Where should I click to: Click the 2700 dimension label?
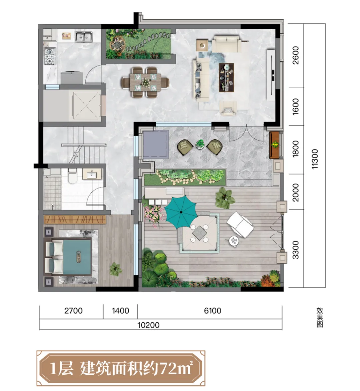pyautogui.click(x=73, y=311)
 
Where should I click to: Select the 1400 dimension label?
pyautogui.click(x=120, y=311)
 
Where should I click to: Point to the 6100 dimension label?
pyautogui.click(x=213, y=311)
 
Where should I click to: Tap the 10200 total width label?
pyautogui.click(x=148, y=325)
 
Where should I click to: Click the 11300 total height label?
pyautogui.click(x=315, y=159)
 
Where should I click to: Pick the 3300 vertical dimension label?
pyautogui.click(x=295, y=250)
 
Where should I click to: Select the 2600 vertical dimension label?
pyautogui.click(x=295, y=55)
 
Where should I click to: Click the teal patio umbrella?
pyautogui.click(x=181, y=212)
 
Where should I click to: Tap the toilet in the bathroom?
pyautogui.click(x=72, y=175)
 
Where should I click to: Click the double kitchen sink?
pyautogui.click(x=83, y=37)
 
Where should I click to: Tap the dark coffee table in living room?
pyautogui.click(x=226, y=77)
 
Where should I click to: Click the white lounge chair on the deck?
pyautogui.click(x=240, y=225)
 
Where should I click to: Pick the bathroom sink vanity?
pyautogui.click(x=92, y=174)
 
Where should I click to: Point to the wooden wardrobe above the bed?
pyautogui.click(x=75, y=220)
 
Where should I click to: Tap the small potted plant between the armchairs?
pyautogui.click(x=200, y=144)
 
